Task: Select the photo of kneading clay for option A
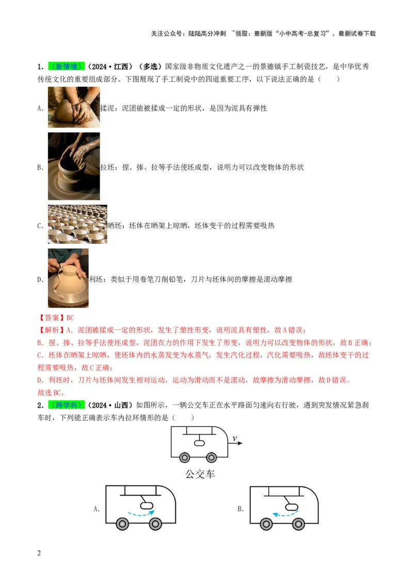coord(74,107)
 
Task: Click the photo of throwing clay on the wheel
coord(74,166)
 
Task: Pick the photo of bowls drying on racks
coord(77,224)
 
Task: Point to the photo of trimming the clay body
coord(68,278)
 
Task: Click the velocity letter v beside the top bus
coord(234,439)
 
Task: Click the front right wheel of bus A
coord(154,524)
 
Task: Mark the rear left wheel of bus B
coord(266,524)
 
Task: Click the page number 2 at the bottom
coord(39,554)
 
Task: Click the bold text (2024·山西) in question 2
coord(110,404)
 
